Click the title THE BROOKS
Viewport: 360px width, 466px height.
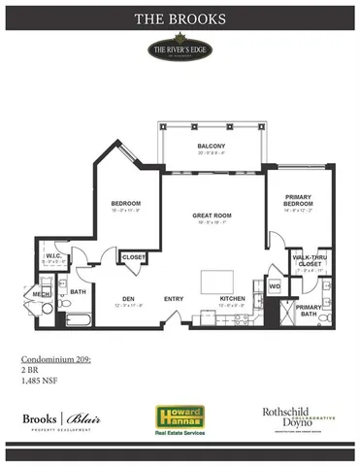[180, 17]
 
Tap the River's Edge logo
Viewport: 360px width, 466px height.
[180, 50]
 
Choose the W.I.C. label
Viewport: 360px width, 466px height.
[53, 257]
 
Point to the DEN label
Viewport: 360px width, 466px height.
[128, 298]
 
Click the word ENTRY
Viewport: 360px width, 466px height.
[175, 298]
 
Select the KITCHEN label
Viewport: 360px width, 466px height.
[232, 298]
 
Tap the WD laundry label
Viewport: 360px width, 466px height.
[274, 286]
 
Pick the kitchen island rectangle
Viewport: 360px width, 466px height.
[217, 282]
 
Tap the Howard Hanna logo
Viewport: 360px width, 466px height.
[178, 417]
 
